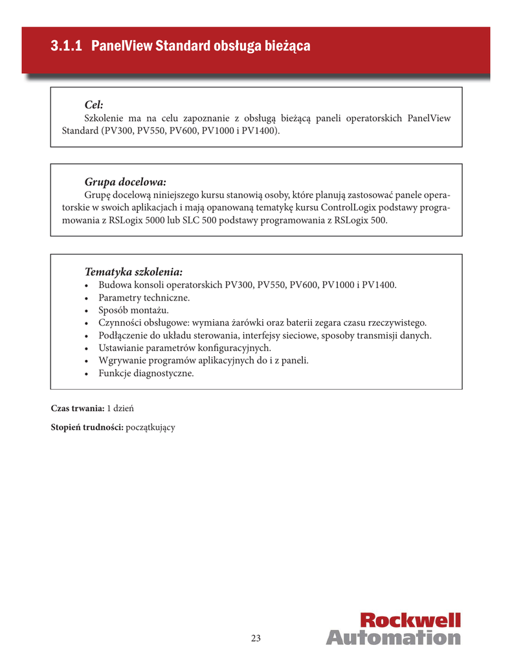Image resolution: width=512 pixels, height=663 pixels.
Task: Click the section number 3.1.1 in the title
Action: coord(67,47)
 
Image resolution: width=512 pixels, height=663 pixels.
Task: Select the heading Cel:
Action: coord(94,105)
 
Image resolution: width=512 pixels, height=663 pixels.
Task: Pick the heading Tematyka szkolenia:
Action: coord(133,271)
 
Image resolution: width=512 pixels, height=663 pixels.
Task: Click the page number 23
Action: coord(256,638)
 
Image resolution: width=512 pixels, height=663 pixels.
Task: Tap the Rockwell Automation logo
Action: coord(393,629)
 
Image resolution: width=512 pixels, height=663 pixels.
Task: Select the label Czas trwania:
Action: coord(78,409)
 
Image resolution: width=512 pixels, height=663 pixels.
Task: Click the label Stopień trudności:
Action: coord(87,427)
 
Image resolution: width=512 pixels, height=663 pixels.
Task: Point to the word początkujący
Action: coord(151,427)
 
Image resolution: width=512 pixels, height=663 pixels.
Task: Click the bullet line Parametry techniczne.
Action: coord(144,298)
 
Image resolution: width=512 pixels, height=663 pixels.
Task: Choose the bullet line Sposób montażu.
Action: coord(133,310)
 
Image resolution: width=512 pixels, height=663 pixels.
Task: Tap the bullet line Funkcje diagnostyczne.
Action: coord(146,374)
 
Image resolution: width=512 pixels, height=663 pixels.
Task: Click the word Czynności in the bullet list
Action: coord(120,323)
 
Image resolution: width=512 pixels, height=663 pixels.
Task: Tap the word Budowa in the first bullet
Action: coord(114,285)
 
